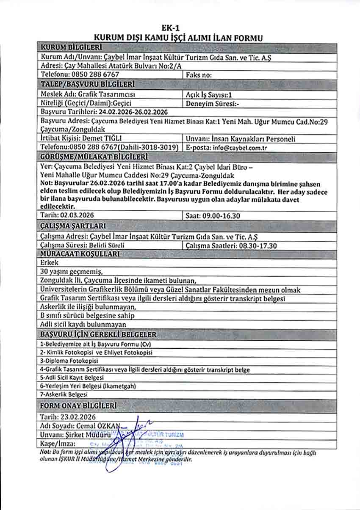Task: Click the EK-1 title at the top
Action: [x=180, y=28]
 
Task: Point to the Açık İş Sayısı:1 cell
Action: [x=209, y=94]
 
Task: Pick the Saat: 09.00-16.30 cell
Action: [x=213, y=216]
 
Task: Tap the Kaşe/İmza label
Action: [x=58, y=444]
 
